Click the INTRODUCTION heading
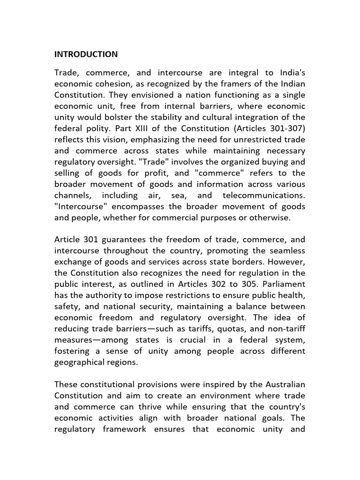pos(86,54)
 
